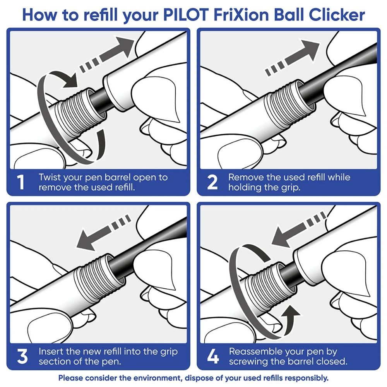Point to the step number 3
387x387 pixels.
tap(23, 356)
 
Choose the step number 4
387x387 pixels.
tap(212, 356)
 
